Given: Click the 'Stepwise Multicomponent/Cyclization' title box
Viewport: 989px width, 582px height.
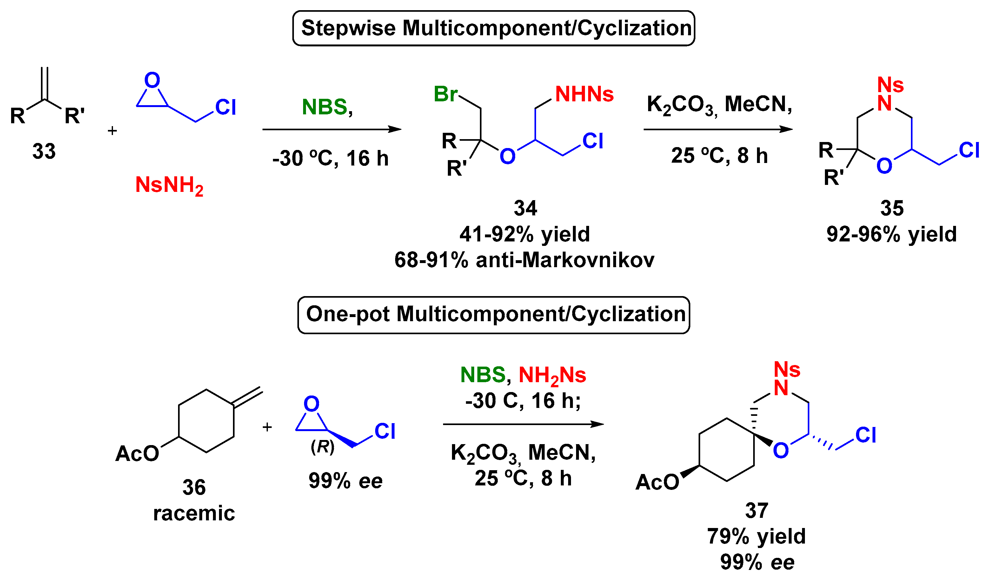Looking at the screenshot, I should [x=493, y=28].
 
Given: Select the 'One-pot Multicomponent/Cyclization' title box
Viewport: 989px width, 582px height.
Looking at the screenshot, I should [x=493, y=315].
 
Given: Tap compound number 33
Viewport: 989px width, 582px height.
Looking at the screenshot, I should [x=44, y=151].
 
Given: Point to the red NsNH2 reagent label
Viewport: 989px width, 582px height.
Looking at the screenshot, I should [x=169, y=185].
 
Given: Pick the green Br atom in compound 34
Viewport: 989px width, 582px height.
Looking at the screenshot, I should [x=445, y=94].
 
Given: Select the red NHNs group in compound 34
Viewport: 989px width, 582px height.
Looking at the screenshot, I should [x=584, y=94].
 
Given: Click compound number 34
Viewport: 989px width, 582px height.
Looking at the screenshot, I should [x=525, y=208].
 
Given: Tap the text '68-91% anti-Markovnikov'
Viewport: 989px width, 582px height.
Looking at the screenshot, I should [x=524, y=260].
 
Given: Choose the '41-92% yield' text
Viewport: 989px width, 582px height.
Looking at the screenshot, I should [x=525, y=234].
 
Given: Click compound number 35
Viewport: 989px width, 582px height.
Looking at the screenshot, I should [x=892, y=208].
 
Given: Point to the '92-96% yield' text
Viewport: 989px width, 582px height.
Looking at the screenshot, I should [x=892, y=234].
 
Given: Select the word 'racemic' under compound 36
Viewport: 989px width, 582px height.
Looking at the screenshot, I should [x=194, y=513].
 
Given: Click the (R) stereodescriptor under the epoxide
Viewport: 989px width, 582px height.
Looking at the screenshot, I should [x=322, y=447].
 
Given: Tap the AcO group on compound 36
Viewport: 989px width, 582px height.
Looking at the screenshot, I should [x=137, y=454].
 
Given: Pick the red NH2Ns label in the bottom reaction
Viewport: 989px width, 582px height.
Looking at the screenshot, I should [x=552, y=375].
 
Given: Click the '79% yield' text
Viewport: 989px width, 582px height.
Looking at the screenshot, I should [x=756, y=536].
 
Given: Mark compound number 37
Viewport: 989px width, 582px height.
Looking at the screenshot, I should [x=756, y=511].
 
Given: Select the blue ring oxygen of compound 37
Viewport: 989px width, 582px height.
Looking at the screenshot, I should [x=780, y=450].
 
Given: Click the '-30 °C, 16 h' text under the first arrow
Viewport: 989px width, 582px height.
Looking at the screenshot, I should [x=330, y=158].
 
